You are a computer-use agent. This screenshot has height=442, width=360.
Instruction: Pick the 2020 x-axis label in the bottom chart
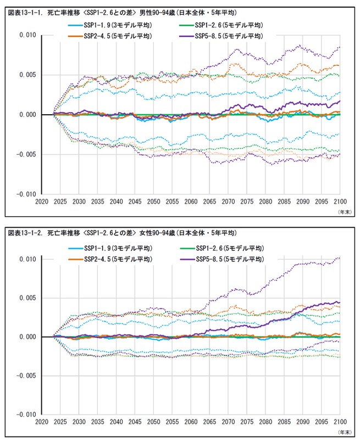[x=42, y=423]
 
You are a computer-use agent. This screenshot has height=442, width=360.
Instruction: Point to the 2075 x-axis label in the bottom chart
[x=247, y=423]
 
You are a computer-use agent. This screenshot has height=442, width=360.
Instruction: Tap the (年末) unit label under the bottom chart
[x=342, y=432]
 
